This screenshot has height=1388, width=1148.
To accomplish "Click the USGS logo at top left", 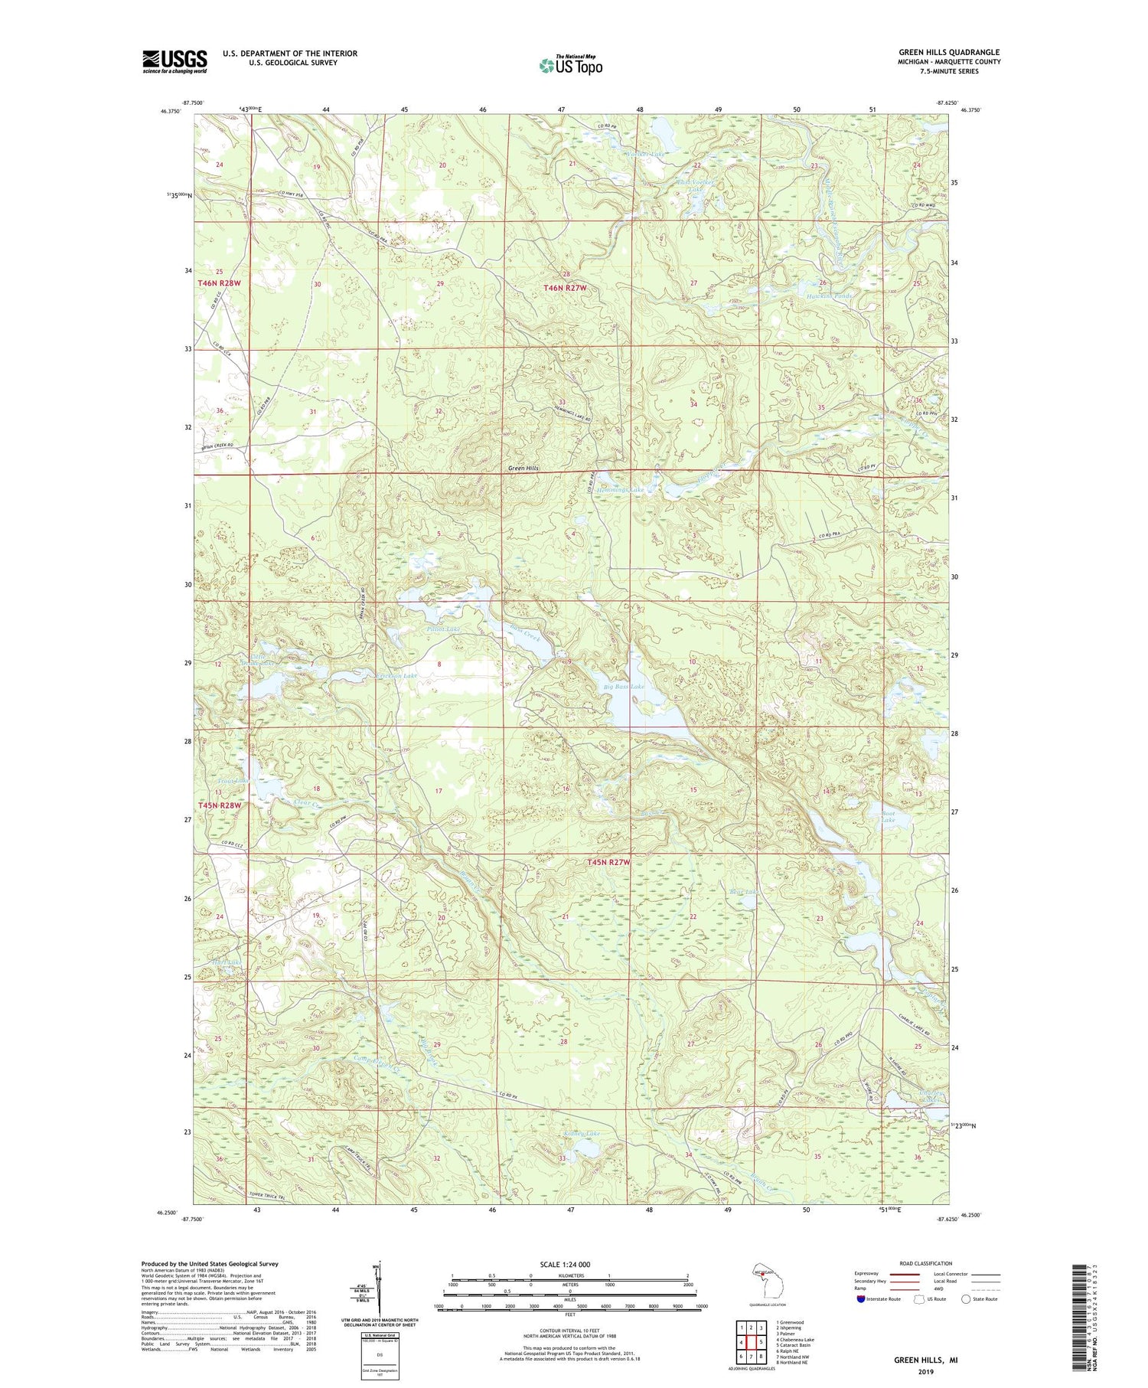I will [x=174, y=61].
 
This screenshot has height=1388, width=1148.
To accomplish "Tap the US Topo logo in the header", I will [x=570, y=65].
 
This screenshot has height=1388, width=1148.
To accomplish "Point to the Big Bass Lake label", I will [x=624, y=687].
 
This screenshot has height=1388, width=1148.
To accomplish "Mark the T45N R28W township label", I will [x=220, y=805].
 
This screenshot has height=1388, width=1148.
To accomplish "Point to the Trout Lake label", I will [x=227, y=781].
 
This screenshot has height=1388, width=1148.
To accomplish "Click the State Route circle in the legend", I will [x=966, y=1298].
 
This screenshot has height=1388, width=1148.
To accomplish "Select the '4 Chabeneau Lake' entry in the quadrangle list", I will [x=794, y=1339].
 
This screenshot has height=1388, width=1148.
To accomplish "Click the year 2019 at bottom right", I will [x=925, y=1371].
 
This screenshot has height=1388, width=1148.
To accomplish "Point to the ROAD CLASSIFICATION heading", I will [x=926, y=1263].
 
